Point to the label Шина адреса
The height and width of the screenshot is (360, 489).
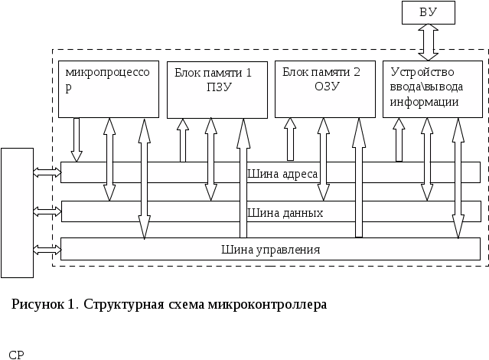282,174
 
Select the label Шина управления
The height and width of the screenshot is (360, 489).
270,250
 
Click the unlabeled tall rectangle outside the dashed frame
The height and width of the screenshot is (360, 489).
17,212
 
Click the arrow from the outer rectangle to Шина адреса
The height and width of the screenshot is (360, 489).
47,173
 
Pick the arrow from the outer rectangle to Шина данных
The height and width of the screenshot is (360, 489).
47,211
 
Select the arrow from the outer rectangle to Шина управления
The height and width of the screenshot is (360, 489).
47,249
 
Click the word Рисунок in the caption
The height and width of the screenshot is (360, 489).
36,304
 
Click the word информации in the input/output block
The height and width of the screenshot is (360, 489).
424,101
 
